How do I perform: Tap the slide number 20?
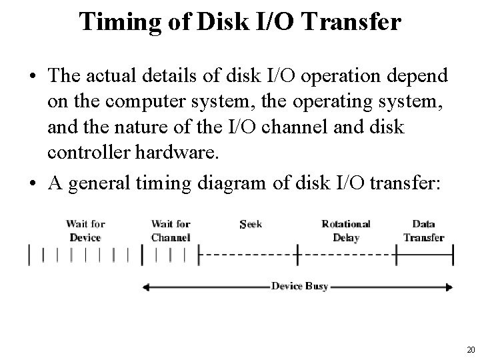coord(471,350)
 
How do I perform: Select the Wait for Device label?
coord(85,231)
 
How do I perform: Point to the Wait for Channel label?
coord(171,231)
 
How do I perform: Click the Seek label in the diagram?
coord(250,225)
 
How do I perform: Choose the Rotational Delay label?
coord(345,231)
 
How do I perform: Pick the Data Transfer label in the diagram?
coord(424,231)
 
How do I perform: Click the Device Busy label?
coord(299,286)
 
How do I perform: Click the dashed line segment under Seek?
coord(248,254)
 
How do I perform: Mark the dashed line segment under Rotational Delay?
coord(347,254)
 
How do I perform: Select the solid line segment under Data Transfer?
coord(425,254)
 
